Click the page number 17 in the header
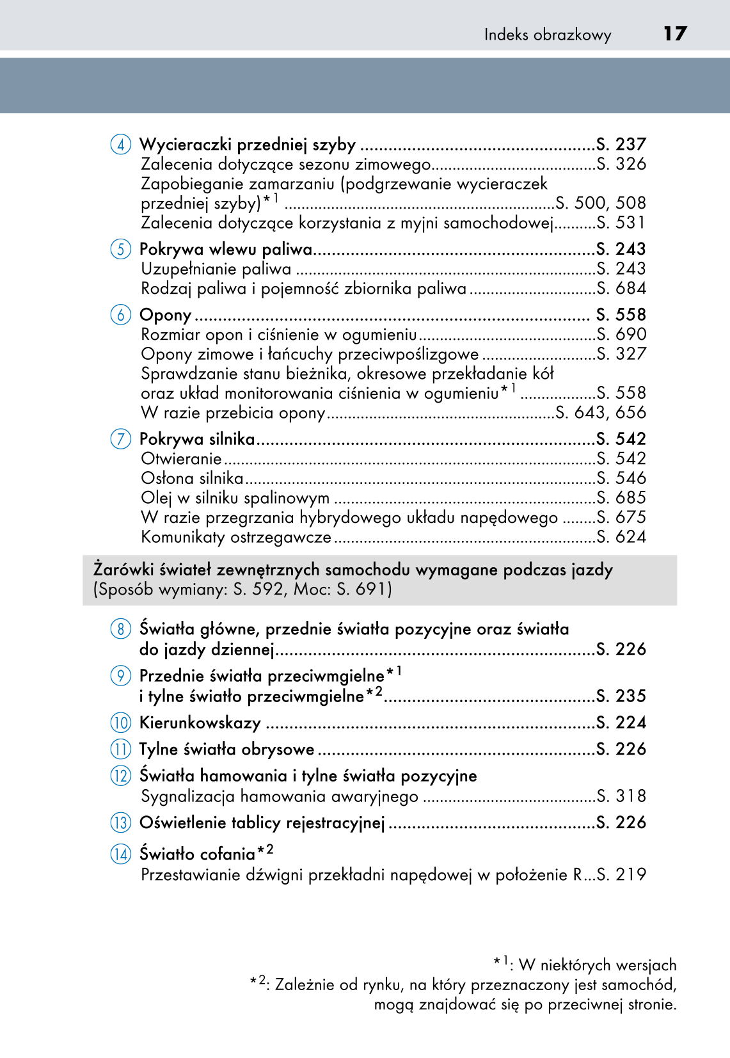[x=675, y=33]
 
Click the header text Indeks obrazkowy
[x=548, y=35]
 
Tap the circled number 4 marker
[x=120, y=144]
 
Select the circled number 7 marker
[x=120, y=439]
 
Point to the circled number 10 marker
[x=120, y=723]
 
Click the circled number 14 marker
[x=120, y=854]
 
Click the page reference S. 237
[x=621, y=144]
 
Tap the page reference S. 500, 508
[x=601, y=203]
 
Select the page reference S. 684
[x=621, y=288]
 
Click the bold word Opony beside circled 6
[x=165, y=315]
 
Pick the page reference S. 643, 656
[x=601, y=412]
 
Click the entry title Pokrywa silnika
[x=197, y=439]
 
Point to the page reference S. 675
[x=621, y=517]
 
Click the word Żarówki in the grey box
[x=123, y=570]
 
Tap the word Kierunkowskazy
[x=200, y=723]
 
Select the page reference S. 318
[x=621, y=796]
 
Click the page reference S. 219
[x=621, y=874]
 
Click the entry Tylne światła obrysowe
[x=226, y=749]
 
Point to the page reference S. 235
[x=621, y=696]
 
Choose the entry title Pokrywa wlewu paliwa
[x=226, y=249]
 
